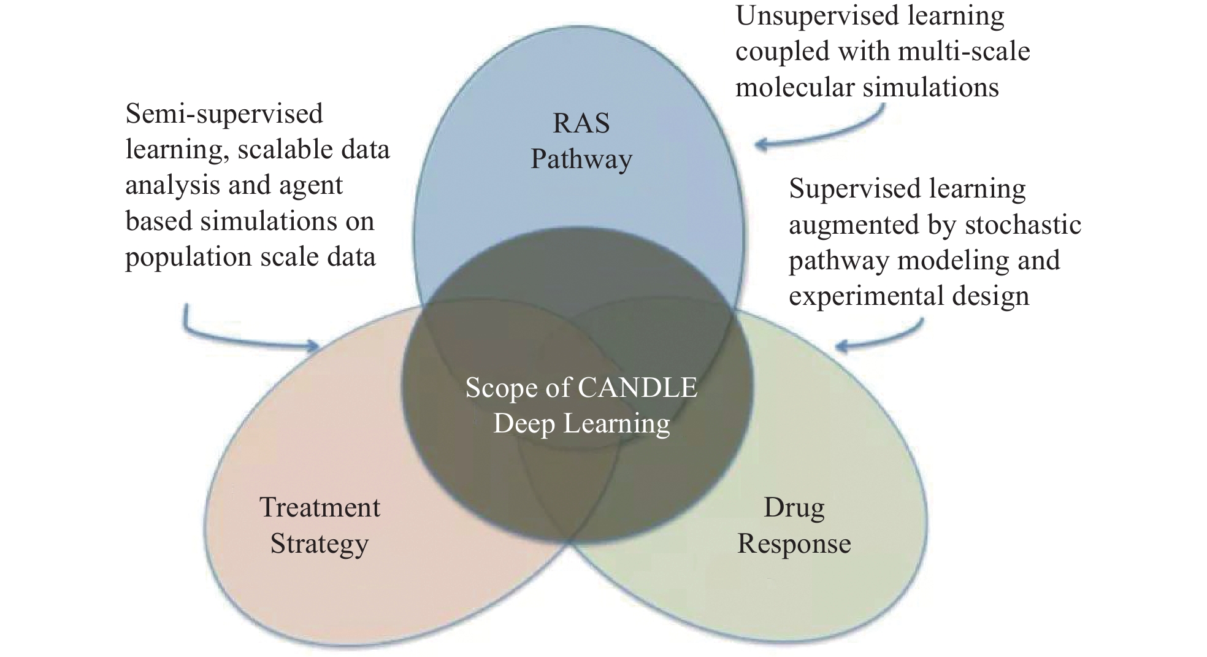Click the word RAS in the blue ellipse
(581, 123)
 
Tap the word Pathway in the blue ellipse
(581, 160)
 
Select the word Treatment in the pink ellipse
(320, 507)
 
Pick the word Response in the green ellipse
(794, 544)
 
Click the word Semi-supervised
(224, 115)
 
